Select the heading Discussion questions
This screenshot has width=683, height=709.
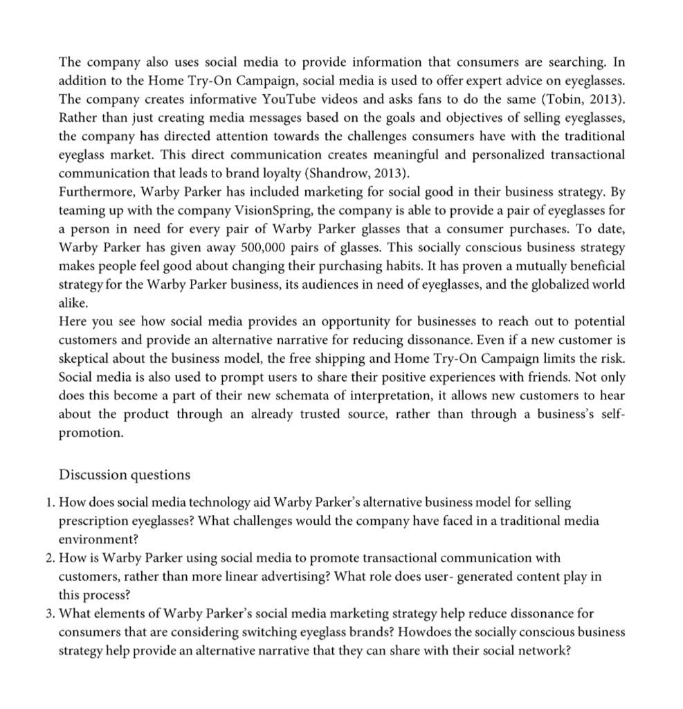coord(125,474)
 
